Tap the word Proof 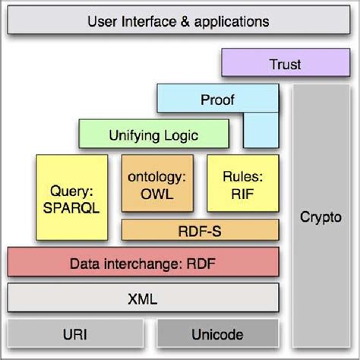point(218,99)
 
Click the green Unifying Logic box point(153,135)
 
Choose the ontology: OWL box point(156,184)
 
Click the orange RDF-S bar point(198,229)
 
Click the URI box point(75,334)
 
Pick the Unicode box point(216,334)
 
